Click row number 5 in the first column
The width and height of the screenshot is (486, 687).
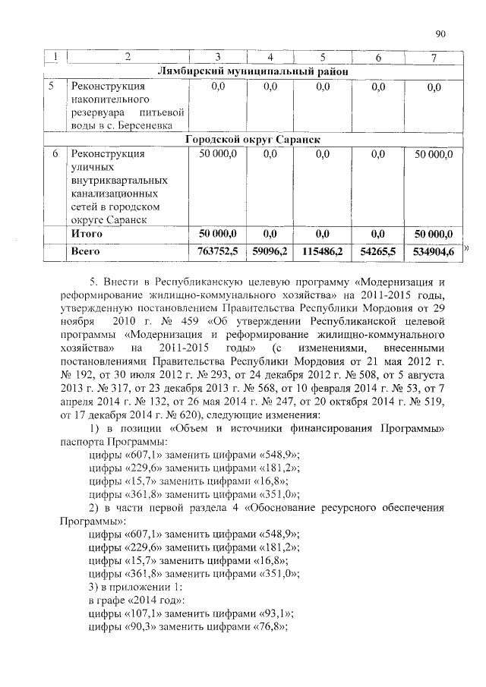50,86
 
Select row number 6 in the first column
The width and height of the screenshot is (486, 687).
50,154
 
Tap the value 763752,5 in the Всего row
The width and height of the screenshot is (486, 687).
218,251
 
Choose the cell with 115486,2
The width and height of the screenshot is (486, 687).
322,251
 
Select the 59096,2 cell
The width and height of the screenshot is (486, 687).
270,251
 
